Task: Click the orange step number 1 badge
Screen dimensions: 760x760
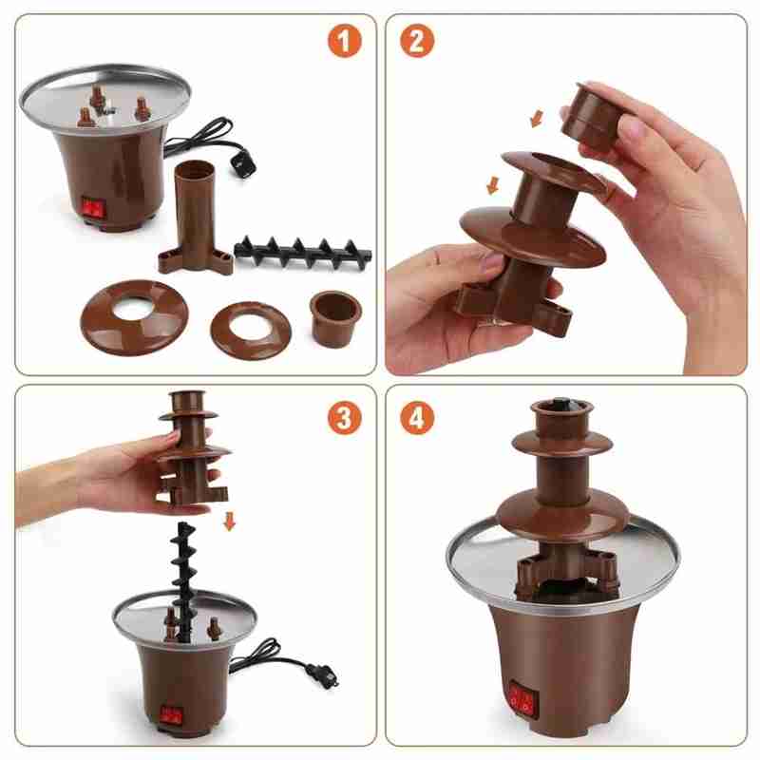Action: [345, 41]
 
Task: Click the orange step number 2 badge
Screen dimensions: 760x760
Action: [417, 41]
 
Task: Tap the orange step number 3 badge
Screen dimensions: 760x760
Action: [345, 417]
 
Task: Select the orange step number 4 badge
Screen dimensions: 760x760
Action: [417, 417]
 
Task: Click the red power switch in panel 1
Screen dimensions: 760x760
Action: [93, 208]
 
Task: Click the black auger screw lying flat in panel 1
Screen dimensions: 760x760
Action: [303, 251]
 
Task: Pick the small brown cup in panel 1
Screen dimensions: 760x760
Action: [336, 318]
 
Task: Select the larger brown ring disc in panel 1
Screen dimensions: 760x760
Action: [134, 316]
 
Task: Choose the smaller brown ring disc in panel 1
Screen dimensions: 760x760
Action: [251, 326]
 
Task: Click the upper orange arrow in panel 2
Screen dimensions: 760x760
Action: [537, 118]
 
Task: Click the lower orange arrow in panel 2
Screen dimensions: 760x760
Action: [492, 185]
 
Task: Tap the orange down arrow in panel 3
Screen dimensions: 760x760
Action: [230, 522]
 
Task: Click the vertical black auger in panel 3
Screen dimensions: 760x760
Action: [183, 581]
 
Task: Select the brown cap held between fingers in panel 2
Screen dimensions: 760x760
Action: [593, 115]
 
